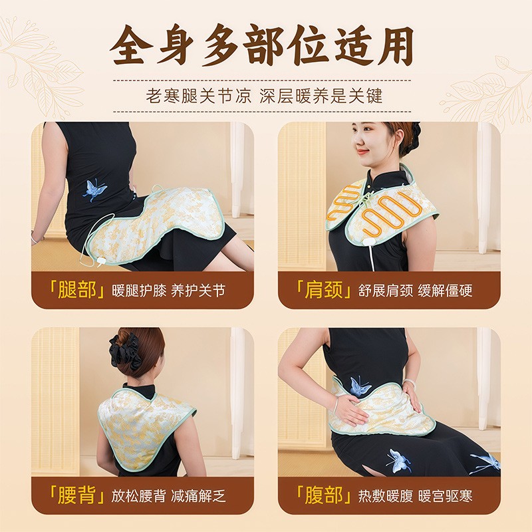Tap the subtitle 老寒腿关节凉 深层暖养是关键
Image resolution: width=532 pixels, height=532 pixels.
click(264, 96)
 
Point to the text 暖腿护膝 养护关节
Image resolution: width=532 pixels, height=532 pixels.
click(169, 291)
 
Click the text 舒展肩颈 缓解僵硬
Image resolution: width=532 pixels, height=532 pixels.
click(415, 291)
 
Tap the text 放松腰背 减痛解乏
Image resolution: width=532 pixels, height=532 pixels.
click(169, 496)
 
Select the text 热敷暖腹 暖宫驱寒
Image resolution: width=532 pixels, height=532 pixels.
click(415, 496)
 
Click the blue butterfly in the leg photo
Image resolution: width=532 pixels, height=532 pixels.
click(94, 190)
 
